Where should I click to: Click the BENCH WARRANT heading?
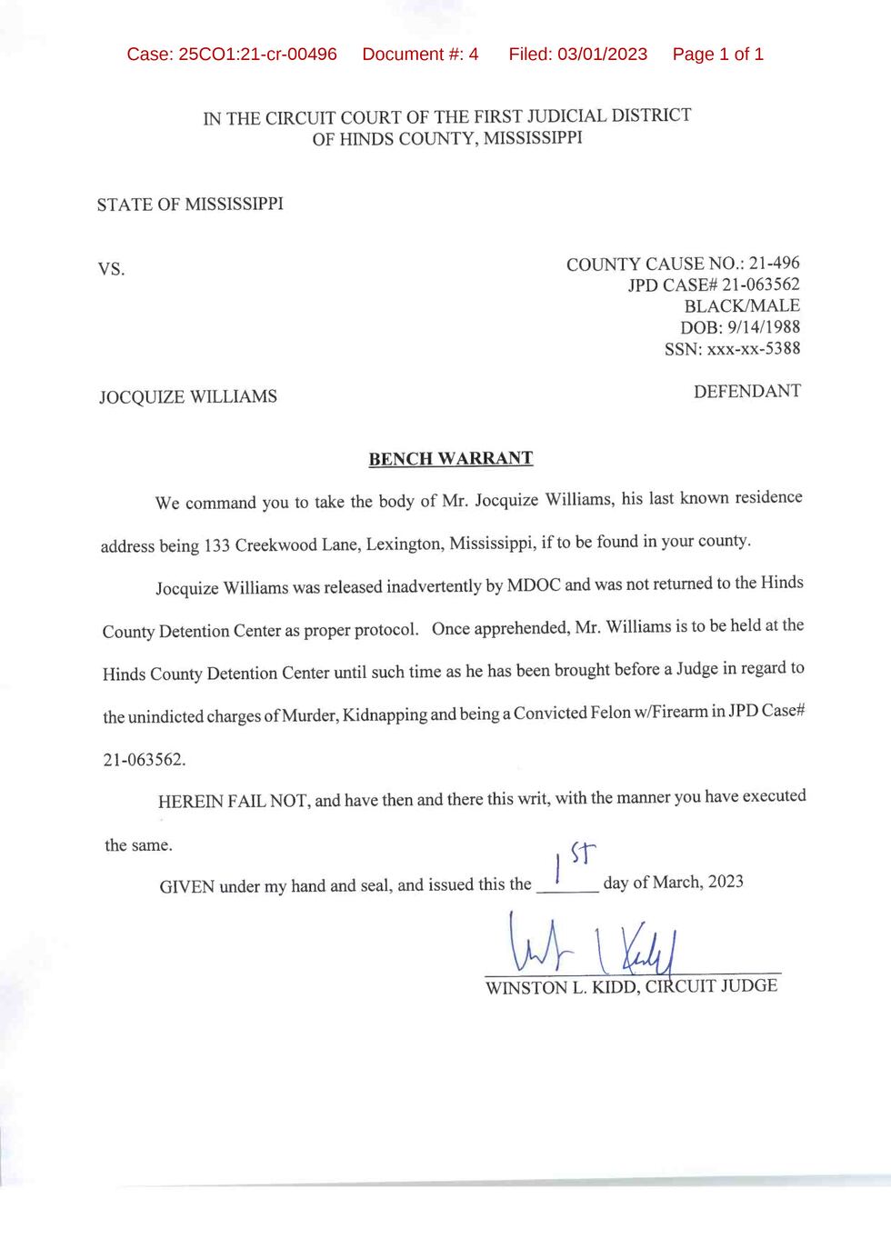pos(450,458)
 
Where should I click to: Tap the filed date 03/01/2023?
pos(603,55)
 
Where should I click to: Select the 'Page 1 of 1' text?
pos(717,55)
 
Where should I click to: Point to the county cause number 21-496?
pos(774,264)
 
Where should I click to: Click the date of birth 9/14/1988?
pos(764,327)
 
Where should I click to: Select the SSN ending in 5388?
pos(754,349)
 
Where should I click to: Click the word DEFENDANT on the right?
pos(746,392)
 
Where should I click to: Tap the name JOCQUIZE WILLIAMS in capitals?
pos(188,397)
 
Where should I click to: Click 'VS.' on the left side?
pos(111,270)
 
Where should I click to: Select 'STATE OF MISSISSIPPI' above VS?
pos(190,205)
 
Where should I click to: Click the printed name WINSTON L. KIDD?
pos(561,987)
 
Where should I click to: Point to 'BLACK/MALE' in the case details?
pos(742,306)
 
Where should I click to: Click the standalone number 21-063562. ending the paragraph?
pos(144,760)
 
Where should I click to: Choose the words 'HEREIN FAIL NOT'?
pos(234,802)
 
